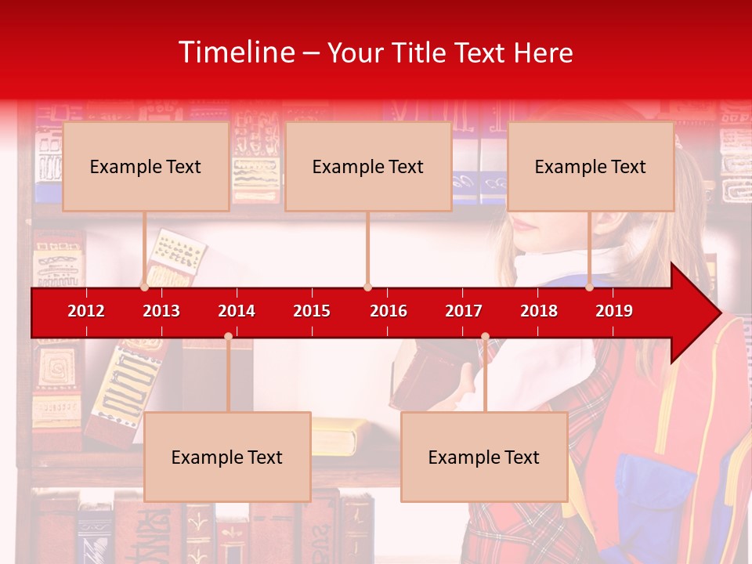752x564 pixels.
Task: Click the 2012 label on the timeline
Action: pos(86,311)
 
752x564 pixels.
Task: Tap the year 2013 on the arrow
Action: pos(161,311)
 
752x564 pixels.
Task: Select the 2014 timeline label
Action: pos(237,311)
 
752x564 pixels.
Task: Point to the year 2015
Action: pos(312,311)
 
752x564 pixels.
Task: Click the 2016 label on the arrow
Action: pos(389,311)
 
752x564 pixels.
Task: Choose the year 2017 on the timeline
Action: pos(464,311)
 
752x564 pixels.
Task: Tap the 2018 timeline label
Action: pos(539,311)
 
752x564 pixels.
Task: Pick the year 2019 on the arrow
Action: pos(614,311)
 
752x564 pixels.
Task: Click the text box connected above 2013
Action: pos(146,166)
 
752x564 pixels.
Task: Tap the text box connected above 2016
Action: pos(368,166)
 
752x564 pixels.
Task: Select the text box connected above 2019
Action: pos(591,166)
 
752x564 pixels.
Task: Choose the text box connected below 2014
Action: pos(227,457)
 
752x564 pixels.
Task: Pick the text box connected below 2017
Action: pos(484,457)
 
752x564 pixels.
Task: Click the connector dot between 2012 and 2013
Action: pos(144,287)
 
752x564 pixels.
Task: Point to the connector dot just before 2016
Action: pos(367,287)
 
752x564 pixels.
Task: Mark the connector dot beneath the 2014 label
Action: pos(228,336)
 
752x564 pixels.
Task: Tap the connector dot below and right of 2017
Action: pos(485,336)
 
